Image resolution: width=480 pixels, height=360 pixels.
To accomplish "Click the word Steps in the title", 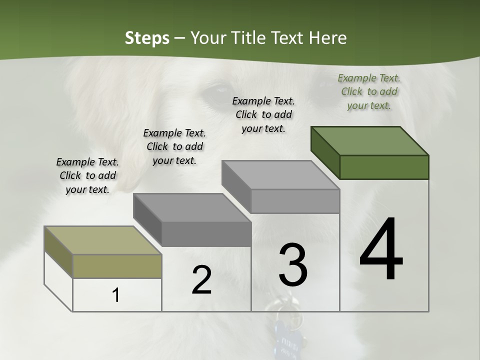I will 146,38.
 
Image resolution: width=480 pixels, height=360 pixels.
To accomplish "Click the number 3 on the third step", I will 293,265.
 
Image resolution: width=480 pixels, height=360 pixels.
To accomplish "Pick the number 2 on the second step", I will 201,280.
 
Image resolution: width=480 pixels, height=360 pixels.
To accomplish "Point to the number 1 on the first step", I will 116,295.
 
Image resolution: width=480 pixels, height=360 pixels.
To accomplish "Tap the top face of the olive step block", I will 103,240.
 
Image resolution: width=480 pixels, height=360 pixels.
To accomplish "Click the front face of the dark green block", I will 384,167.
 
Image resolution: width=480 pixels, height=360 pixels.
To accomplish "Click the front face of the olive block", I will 117,266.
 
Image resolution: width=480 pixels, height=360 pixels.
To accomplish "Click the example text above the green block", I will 369,91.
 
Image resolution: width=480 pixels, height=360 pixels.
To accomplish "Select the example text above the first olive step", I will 87,175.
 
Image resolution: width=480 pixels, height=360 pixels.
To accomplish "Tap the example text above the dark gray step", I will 174,146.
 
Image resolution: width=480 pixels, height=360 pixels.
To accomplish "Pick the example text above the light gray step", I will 263,114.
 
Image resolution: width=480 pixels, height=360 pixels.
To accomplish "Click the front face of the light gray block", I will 295,201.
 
